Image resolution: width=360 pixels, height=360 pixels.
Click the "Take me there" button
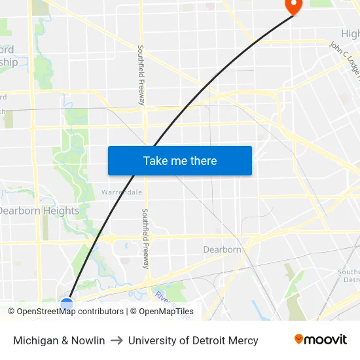tap(180, 160)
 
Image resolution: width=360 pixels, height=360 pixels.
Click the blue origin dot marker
tap(67, 304)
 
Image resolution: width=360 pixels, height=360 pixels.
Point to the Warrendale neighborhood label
tap(122, 192)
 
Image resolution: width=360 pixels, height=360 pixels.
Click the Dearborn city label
tap(222, 249)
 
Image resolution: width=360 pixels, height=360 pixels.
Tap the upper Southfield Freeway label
tap(141, 75)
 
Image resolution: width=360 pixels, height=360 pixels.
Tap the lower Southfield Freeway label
tap(145, 239)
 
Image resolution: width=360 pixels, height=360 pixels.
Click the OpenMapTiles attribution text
tap(166, 312)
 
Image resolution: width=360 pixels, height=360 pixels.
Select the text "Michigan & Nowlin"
tap(59, 340)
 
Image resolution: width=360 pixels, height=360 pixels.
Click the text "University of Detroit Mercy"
tap(193, 340)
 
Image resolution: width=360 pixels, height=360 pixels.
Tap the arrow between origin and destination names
tap(117, 340)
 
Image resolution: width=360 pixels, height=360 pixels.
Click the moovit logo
tap(321, 340)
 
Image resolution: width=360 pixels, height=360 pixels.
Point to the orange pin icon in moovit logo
tap(298, 339)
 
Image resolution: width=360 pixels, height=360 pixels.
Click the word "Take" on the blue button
tap(155, 160)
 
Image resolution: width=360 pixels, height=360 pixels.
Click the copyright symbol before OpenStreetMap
tap(12, 312)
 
